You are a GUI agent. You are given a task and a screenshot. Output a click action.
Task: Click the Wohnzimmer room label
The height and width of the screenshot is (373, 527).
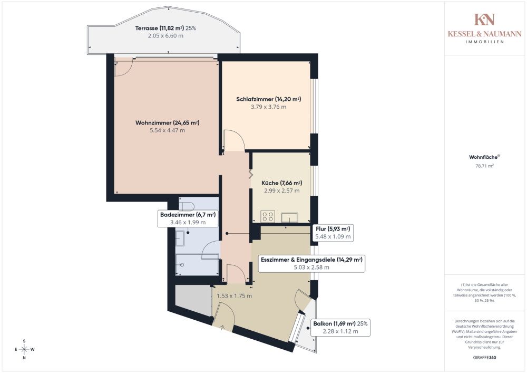point(168,127)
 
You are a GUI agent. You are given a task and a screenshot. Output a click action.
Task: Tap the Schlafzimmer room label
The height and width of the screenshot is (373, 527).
point(269,103)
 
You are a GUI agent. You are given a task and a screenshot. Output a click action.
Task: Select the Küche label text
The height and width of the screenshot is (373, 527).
point(281,187)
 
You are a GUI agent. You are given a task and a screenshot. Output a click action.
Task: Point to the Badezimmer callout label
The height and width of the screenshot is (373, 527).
point(188,218)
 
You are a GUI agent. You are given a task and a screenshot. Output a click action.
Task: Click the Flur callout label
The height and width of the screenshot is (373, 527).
point(333,233)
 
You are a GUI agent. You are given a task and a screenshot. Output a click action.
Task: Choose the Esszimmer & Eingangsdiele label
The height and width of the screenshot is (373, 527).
point(311,263)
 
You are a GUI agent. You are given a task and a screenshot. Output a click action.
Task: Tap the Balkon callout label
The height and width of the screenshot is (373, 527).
point(340,327)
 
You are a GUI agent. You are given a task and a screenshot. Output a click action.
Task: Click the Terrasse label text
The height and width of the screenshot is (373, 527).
point(165,32)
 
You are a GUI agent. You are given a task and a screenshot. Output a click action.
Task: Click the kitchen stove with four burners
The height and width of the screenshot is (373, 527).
point(268,216)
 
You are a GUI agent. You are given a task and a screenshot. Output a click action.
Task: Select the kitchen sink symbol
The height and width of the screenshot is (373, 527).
point(289,217)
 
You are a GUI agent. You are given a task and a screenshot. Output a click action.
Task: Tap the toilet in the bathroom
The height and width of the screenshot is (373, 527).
point(187,206)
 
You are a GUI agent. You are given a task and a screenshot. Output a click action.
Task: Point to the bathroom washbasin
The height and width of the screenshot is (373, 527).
point(180,238)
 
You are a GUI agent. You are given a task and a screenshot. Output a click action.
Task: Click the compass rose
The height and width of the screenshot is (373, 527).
point(24,349)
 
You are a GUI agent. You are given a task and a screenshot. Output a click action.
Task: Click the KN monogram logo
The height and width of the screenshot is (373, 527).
point(484,20)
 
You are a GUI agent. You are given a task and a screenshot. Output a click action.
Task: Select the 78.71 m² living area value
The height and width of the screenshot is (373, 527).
point(484,166)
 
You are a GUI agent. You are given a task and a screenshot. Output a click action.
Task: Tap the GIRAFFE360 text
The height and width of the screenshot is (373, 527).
point(484,358)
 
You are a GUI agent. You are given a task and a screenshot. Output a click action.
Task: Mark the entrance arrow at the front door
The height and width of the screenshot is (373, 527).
point(222,327)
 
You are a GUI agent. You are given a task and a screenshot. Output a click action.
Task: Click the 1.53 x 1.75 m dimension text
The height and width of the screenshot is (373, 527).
point(235,296)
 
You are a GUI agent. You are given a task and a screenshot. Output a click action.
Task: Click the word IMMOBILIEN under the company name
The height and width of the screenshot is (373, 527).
point(484,42)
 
